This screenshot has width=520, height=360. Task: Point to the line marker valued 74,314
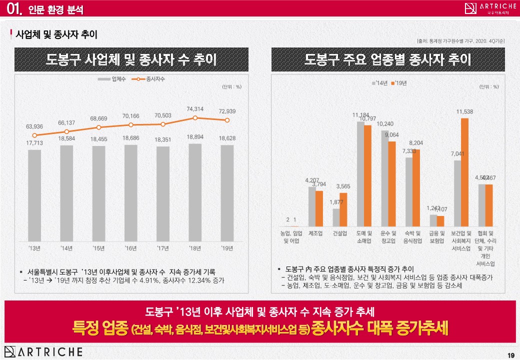click(194, 118)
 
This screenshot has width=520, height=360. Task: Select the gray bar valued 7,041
click(457, 192)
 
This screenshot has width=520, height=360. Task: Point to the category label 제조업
click(315, 233)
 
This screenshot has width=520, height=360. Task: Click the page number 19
click(510, 355)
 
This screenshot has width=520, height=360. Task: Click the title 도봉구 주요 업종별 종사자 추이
click(388, 60)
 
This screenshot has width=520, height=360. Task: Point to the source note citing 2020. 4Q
click(460, 40)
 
